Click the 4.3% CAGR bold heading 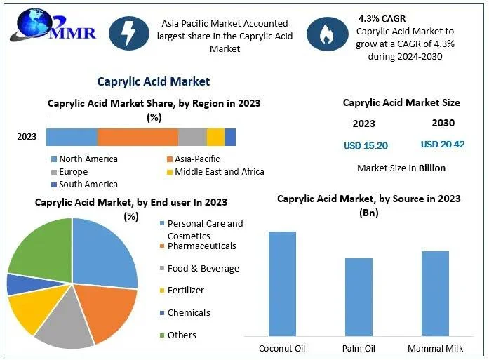pyautogui.click(x=383, y=18)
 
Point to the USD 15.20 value pyautogui.click(x=366, y=145)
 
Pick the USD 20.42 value pyautogui.click(x=443, y=145)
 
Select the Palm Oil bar pyautogui.click(x=359, y=297)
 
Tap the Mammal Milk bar pyautogui.click(x=435, y=293)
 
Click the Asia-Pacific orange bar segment pyautogui.click(x=138, y=137)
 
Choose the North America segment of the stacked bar pyautogui.click(x=72, y=137)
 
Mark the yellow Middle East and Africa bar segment pyautogui.click(x=215, y=137)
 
